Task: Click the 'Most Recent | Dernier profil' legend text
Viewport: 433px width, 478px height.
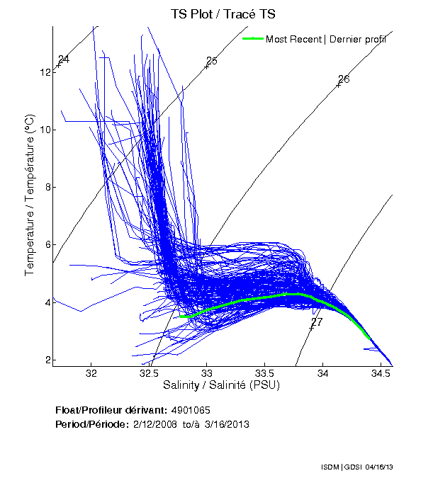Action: pos(326,39)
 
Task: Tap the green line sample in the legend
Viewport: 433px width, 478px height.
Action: pos(252,39)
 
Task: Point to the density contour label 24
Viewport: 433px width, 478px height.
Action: pos(64,59)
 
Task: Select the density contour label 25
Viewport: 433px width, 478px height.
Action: pos(211,61)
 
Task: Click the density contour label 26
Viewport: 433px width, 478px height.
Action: pos(344,79)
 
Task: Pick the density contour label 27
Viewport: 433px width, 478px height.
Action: pos(317,322)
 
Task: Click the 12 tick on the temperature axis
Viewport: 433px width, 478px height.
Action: pos(45,72)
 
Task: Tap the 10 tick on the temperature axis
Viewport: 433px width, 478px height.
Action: pos(45,130)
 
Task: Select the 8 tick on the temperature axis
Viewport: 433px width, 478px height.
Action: pos(47,187)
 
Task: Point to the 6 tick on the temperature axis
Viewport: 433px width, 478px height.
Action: pos(47,244)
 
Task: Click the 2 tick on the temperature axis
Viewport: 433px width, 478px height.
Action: pos(47,360)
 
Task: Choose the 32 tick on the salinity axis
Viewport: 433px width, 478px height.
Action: pos(91,372)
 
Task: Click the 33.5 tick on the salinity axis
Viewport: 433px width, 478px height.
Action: pos(264,372)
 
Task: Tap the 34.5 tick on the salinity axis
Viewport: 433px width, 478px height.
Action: pos(381,372)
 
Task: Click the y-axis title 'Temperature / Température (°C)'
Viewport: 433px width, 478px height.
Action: pos(30,195)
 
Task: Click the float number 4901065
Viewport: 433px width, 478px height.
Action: pos(191,410)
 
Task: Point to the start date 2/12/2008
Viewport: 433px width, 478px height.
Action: pos(155,424)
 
